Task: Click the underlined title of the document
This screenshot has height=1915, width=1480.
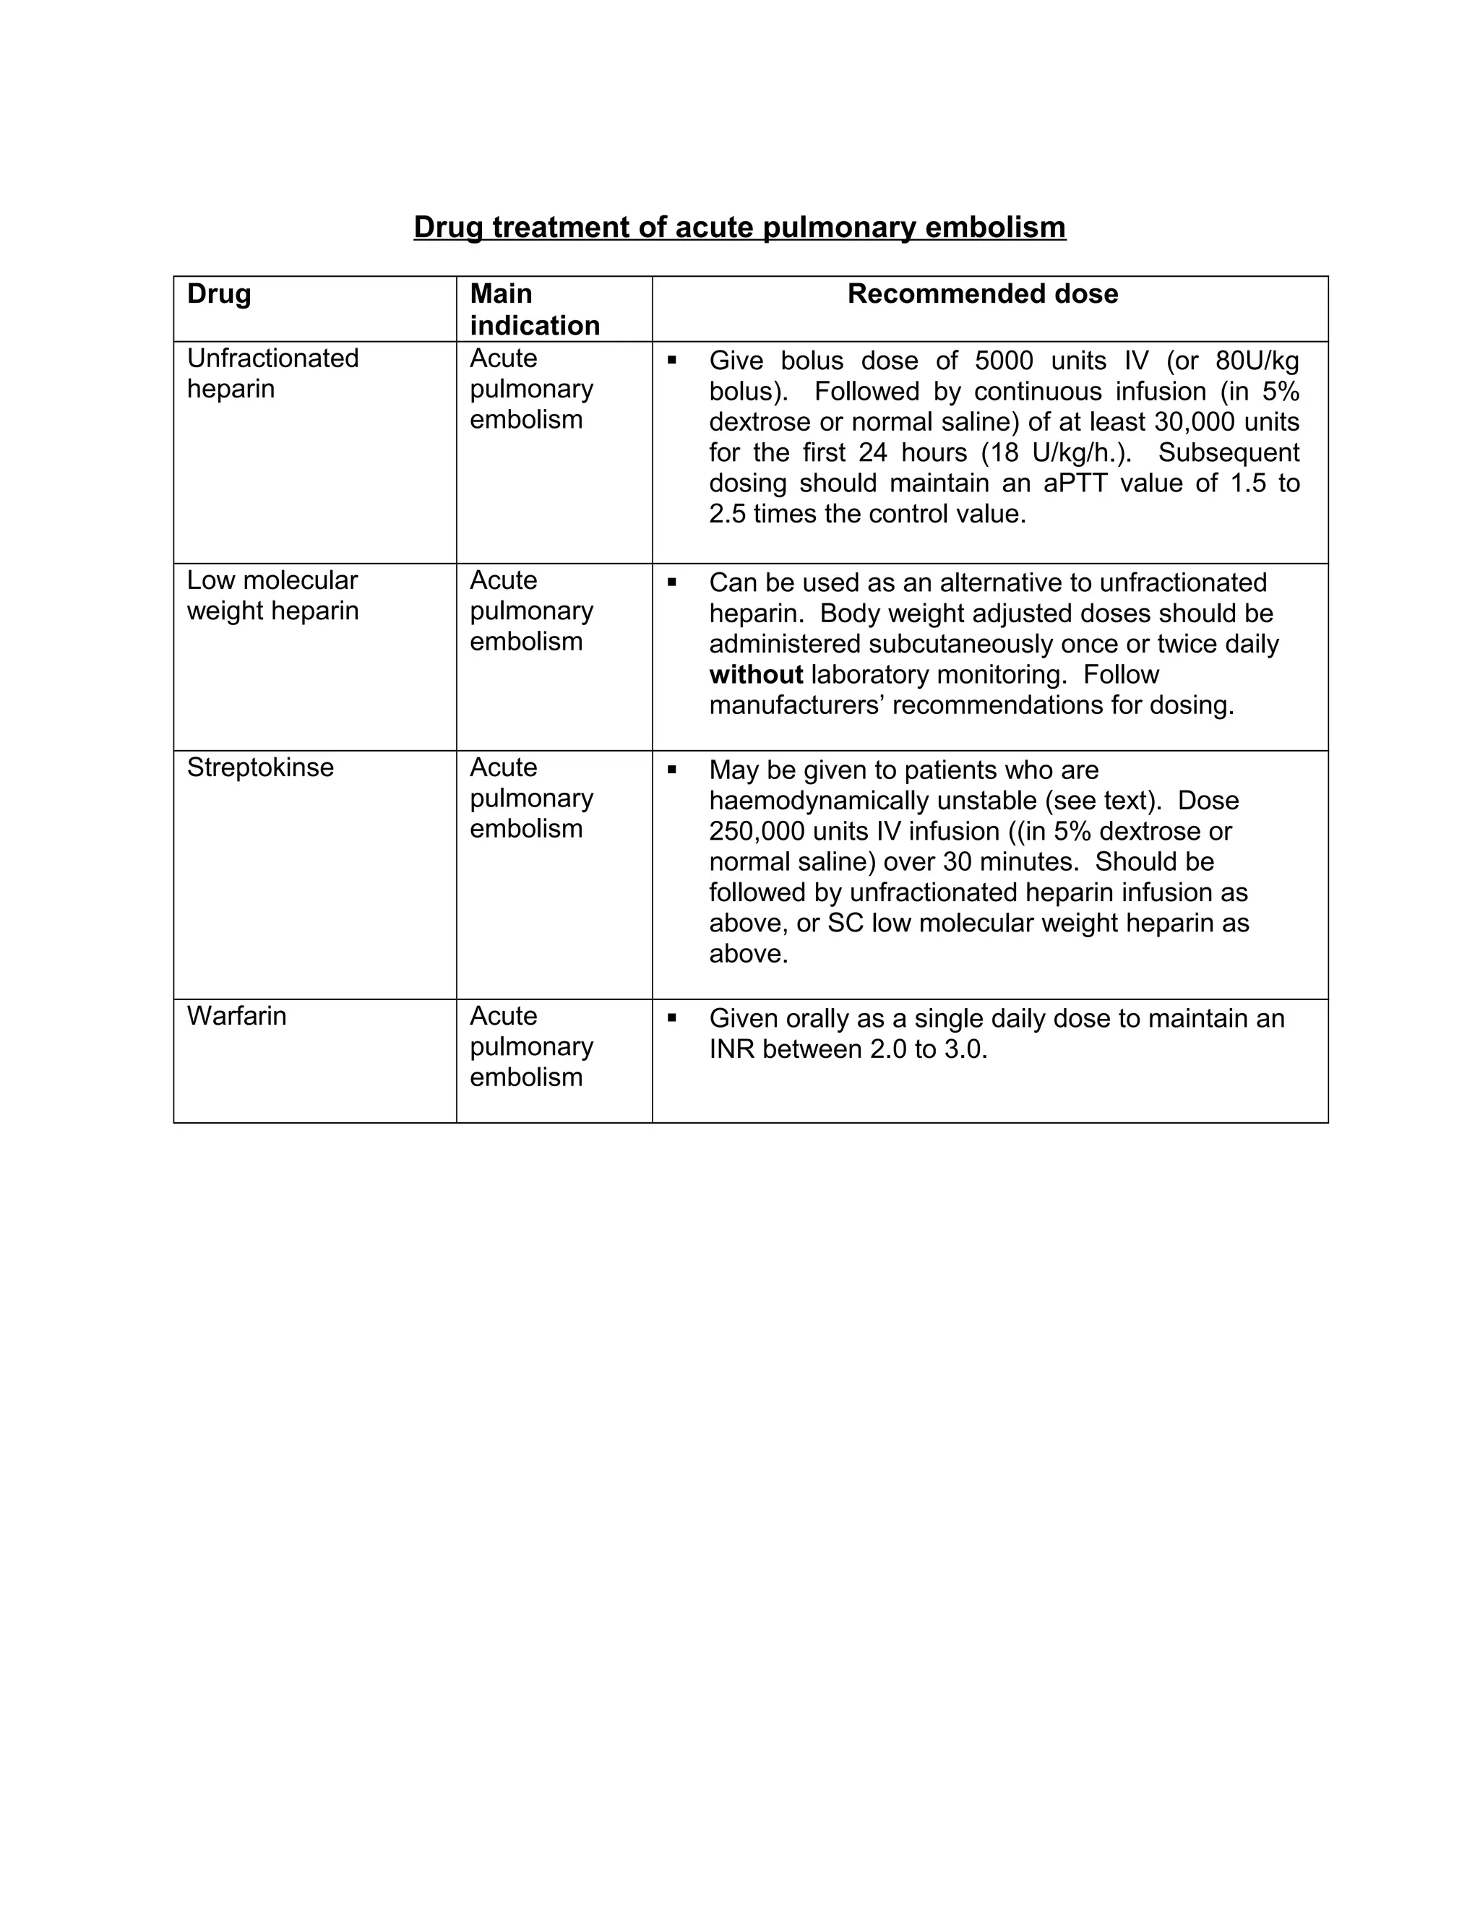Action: (739, 227)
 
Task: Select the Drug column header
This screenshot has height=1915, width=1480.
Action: (219, 293)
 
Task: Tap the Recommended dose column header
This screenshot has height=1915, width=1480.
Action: (982, 293)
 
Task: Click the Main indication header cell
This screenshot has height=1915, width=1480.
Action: (534, 309)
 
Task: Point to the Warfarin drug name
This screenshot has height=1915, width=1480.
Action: (237, 1016)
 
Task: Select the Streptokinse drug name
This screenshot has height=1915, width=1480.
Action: (260, 767)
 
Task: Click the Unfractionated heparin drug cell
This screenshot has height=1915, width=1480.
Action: (272, 374)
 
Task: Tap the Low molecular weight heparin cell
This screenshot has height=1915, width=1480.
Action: (272, 595)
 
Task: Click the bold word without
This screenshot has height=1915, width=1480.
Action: (756, 674)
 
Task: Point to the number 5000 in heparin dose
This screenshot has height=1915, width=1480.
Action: (1004, 361)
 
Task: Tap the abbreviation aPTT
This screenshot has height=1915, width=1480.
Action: (1077, 483)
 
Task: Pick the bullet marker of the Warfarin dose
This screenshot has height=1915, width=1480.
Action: (673, 1018)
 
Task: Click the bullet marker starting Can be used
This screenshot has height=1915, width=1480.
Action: (673, 581)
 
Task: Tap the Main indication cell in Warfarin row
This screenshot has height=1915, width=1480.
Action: (531, 1047)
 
